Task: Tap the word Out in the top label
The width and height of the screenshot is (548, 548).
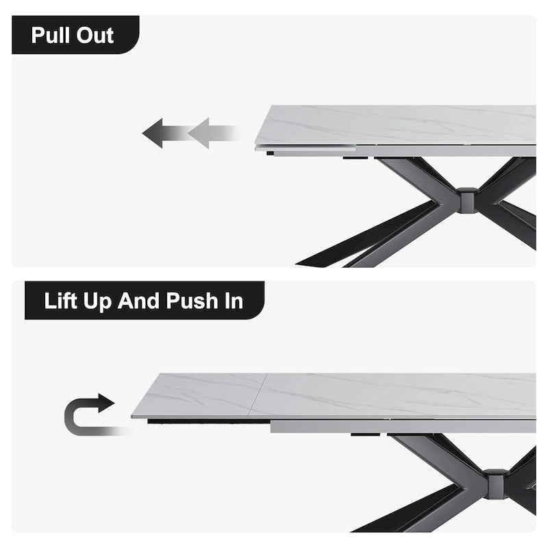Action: tap(95, 36)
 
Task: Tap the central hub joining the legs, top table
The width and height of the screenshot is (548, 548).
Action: tap(467, 200)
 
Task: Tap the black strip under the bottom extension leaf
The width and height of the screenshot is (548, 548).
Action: tap(206, 421)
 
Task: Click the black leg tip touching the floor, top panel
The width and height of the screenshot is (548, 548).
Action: tap(312, 262)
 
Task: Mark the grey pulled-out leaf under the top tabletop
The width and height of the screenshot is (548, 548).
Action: tap(308, 151)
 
